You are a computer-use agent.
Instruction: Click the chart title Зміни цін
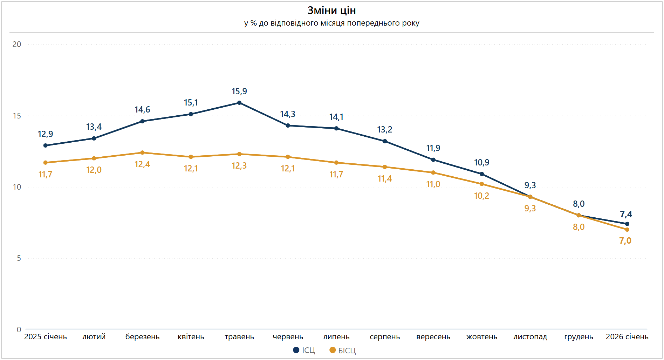[331, 11]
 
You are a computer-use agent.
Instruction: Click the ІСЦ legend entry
[304, 350]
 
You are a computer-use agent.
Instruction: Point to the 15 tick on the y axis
[17, 116]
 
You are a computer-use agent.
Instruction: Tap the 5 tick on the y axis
[19, 258]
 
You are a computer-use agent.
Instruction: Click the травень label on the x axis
[239, 337]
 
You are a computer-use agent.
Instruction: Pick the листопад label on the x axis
[530, 337]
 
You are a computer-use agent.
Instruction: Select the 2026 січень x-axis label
[627, 337]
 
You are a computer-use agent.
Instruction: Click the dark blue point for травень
[239, 103]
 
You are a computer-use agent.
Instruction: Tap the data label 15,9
[239, 91]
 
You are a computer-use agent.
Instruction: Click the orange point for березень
[142, 152]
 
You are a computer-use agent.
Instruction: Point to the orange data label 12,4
[142, 164]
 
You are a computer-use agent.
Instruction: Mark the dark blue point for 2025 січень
[46, 145]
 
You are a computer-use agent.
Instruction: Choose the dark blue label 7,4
[626, 215]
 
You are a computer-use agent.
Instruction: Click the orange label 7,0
[625, 241]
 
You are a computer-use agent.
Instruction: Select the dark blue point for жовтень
[482, 174]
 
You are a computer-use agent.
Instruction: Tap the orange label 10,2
[481, 196]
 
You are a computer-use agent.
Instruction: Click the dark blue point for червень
[288, 125]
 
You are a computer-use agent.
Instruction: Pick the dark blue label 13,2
[384, 130]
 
